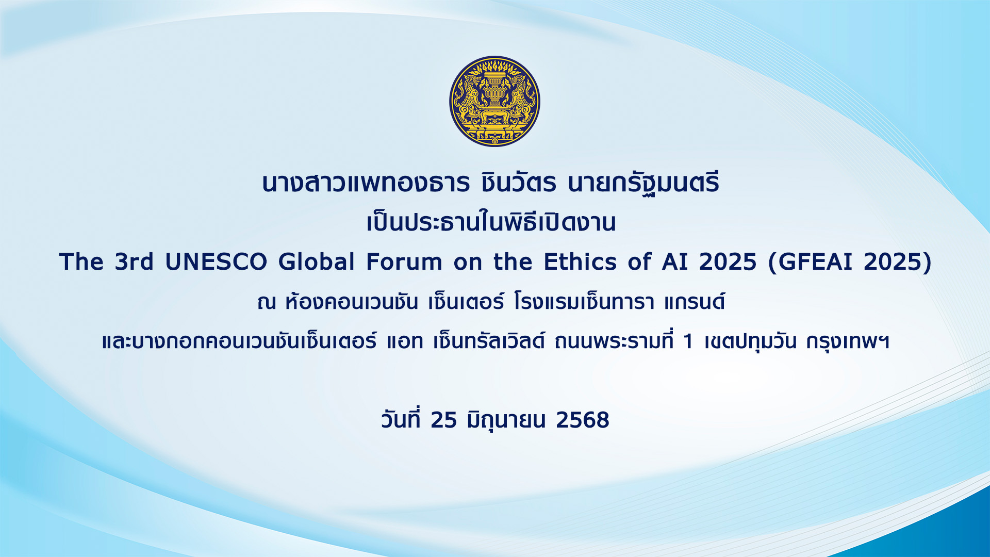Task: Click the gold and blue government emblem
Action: tap(494, 101)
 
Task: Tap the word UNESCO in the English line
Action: tap(216, 262)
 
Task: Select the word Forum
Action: tap(404, 262)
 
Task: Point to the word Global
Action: tap(317, 262)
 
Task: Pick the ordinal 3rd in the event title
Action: tap(134, 262)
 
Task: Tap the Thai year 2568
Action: tap(583, 420)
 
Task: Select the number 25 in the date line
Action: tap(444, 420)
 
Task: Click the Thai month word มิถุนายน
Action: tap(506, 420)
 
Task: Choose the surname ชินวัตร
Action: tap(518, 183)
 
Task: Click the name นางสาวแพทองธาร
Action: tap(366, 184)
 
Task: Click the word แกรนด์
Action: tap(695, 302)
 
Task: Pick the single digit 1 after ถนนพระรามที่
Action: tap(687, 342)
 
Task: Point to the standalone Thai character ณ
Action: tap(267, 303)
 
